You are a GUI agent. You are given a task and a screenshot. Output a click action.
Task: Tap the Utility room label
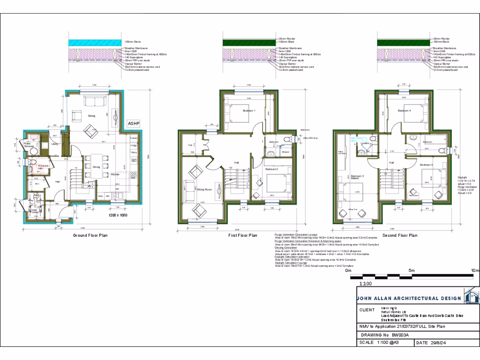pyautogui.click(x=55, y=144)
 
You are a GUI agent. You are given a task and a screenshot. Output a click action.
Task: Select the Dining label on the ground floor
pyautogui.click(x=96, y=167)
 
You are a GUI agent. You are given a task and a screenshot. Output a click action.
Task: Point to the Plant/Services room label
pyautogui.click(x=30, y=146)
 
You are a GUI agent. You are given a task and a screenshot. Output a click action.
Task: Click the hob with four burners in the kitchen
pyautogui.click(x=134, y=174)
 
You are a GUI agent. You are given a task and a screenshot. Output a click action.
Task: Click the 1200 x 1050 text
pyautogui.click(x=118, y=215)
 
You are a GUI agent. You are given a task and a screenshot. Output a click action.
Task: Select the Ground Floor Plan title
pyautogui.click(x=90, y=235)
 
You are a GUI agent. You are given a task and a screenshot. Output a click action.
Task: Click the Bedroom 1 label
pyautogui.click(x=249, y=111)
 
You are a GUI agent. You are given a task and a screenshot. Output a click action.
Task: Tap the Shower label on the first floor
pyautogui.click(x=285, y=152)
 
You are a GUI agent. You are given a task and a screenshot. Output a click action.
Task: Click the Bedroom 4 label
pyautogui.click(x=404, y=111)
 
